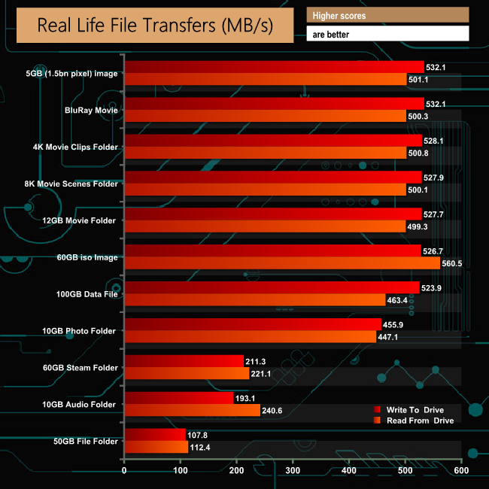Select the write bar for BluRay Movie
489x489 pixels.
[x=274, y=104]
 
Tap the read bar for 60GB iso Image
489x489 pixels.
[x=282, y=263]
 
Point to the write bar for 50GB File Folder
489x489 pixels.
[x=155, y=435]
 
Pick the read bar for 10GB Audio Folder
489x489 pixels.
[x=192, y=410]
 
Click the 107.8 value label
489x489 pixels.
[x=199, y=435]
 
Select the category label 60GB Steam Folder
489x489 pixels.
[x=81, y=368]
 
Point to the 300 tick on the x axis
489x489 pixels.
[x=293, y=471]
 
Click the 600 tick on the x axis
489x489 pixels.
[x=460, y=471]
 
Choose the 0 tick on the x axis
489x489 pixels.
[x=125, y=471]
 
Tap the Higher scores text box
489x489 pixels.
[x=387, y=15]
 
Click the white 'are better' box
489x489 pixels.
[x=387, y=34]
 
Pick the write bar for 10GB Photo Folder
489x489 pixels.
[x=253, y=324]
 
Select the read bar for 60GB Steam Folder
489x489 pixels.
[x=187, y=373]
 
